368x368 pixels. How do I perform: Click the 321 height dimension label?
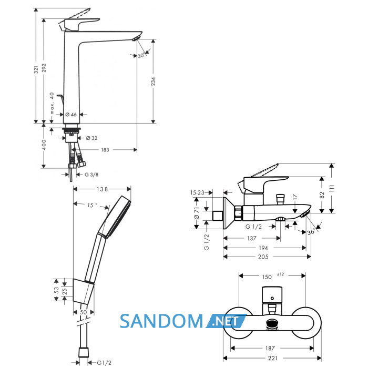point(36,70)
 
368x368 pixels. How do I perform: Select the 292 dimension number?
point(44,68)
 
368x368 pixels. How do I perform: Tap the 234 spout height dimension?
point(154,81)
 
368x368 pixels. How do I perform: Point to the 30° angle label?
point(141,56)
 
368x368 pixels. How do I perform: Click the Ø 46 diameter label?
point(71,115)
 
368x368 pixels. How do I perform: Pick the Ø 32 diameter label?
point(91,138)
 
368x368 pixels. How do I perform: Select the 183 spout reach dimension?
point(105,150)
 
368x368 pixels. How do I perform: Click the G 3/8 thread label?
point(91,175)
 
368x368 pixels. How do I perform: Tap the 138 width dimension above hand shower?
point(103,189)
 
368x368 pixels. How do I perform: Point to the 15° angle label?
point(92,205)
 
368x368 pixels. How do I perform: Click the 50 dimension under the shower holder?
point(83,312)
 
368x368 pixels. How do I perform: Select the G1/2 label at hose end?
point(104,363)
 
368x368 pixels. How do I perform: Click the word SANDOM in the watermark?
point(161,321)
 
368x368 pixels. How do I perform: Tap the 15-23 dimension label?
point(197,193)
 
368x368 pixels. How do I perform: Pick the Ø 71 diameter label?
point(197,213)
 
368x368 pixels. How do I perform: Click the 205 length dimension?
point(263,257)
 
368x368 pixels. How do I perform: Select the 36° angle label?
point(311,232)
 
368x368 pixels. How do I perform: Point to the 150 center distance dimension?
point(267,277)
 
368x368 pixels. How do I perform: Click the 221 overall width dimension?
point(272,358)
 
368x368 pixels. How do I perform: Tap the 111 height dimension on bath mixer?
point(331,188)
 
